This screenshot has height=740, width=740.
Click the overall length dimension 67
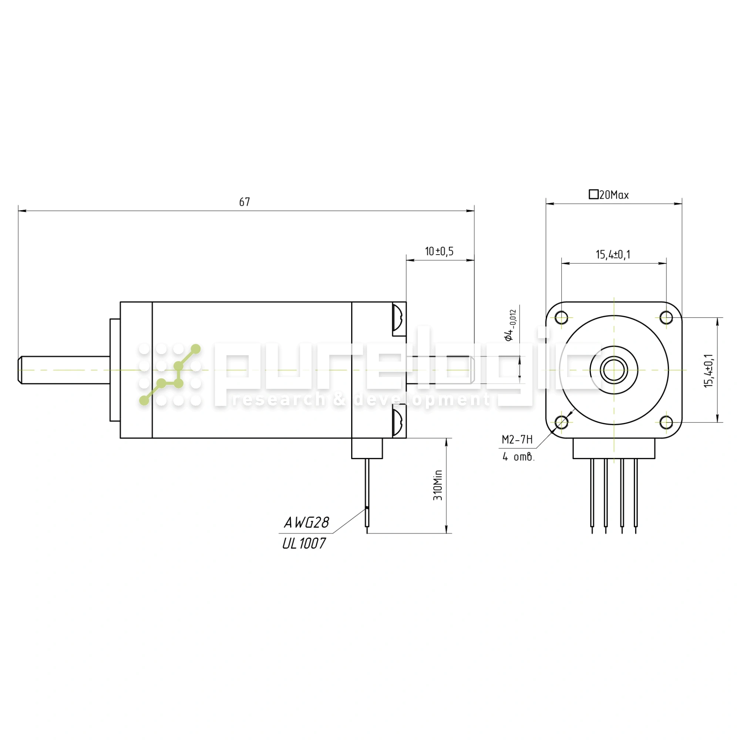point(244,202)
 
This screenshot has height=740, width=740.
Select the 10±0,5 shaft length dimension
point(439,251)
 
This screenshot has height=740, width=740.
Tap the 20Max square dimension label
point(609,195)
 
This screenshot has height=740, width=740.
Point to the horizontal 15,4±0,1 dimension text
point(613,254)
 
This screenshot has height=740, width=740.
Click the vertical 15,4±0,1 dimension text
point(709,370)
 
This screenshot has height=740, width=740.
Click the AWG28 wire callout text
point(306,522)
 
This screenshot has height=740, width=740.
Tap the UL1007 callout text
point(304,543)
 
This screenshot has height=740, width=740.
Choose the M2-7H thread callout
point(517,440)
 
